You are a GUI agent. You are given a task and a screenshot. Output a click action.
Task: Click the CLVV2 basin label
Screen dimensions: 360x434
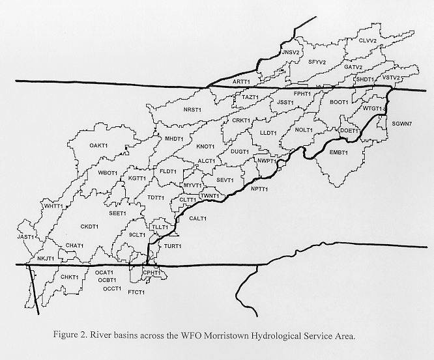click(x=368, y=40)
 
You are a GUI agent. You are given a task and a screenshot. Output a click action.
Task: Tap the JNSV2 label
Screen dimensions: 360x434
click(x=289, y=51)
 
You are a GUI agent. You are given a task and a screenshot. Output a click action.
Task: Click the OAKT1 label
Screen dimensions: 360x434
click(x=99, y=145)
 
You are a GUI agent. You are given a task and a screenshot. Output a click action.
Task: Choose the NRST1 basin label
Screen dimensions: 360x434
click(x=193, y=109)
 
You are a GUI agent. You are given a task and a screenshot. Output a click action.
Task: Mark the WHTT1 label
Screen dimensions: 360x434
click(x=53, y=206)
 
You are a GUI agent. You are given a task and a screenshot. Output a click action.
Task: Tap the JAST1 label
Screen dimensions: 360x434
click(x=26, y=238)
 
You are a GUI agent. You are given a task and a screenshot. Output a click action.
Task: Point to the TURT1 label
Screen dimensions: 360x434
click(x=173, y=246)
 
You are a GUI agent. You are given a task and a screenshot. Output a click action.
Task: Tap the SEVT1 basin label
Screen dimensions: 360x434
click(x=225, y=180)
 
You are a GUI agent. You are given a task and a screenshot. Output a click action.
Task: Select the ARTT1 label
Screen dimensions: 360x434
click(x=241, y=81)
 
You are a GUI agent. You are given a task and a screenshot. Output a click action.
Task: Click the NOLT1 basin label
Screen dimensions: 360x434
click(x=304, y=130)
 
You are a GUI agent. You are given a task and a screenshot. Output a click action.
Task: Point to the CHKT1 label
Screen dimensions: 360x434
click(x=69, y=277)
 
